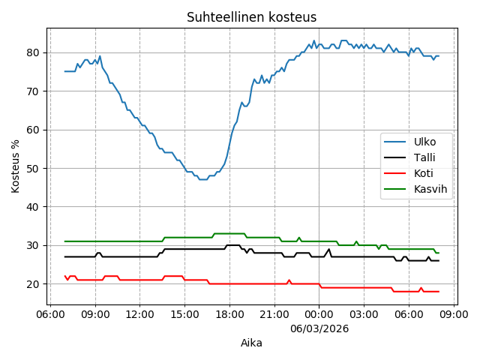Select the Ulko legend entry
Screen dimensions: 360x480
point(424,142)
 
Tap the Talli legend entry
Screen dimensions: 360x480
point(424,157)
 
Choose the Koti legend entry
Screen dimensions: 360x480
point(424,173)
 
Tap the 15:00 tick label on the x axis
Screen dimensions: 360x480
point(184,314)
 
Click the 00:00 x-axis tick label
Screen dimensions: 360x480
point(319,314)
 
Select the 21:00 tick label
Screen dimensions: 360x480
point(274,314)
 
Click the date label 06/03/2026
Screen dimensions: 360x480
point(319,328)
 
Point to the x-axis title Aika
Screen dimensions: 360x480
point(251,343)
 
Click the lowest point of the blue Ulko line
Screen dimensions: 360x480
point(202,179)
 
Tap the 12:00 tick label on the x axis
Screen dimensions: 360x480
point(139,314)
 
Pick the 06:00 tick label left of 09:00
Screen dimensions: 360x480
point(50,314)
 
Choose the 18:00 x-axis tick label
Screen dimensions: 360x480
point(229,314)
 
